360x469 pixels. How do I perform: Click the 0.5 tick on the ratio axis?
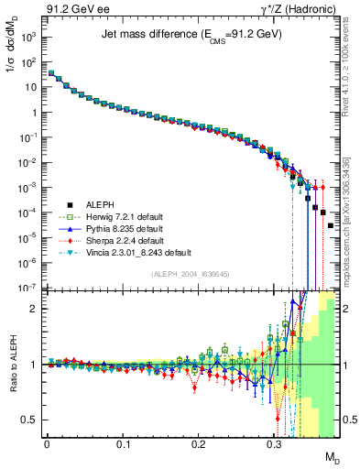coord(32,420)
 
